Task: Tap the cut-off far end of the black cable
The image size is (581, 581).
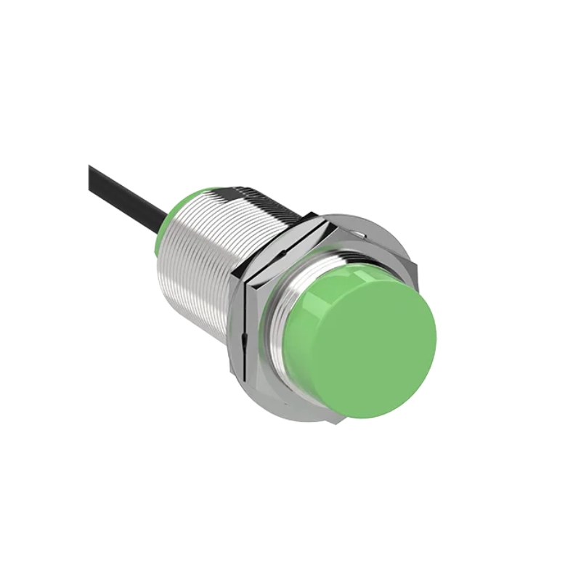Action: pyautogui.click(x=92, y=171)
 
